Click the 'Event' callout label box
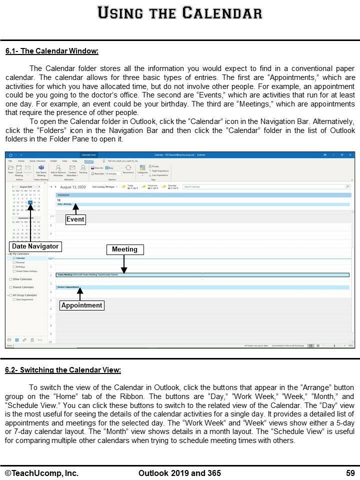[x=76, y=219]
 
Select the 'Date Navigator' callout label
[x=35, y=246]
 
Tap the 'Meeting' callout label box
[x=124, y=249]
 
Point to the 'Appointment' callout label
[x=81, y=305]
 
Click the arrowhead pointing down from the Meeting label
[x=124, y=271]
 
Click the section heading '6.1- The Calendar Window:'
[x=51, y=51]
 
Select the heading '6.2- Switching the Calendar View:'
[x=62, y=370]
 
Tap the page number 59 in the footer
[x=350, y=473]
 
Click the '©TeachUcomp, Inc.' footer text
[x=41, y=473]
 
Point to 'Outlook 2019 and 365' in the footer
[x=179, y=473]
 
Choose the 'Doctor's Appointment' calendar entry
[x=68, y=287]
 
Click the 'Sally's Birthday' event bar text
[x=65, y=204]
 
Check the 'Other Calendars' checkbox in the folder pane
[x=10, y=279]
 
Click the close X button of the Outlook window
[x=350, y=155]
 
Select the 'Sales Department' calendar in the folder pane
[x=24, y=299]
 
